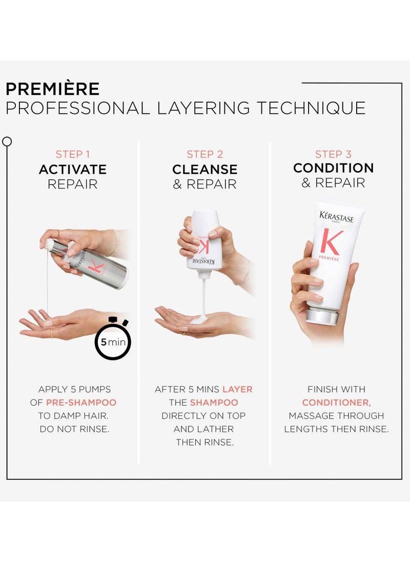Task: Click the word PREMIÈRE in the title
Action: pyautogui.click(x=53, y=89)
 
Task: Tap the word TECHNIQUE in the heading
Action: pyautogui.click(x=311, y=108)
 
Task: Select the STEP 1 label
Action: pyautogui.click(x=73, y=154)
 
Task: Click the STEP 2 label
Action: pyautogui.click(x=205, y=154)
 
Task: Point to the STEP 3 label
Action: pyautogui.click(x=333, y=154)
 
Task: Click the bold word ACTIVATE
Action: pyautogui.click(x=73, y=170)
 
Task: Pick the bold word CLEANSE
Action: pyautogui.click(x=205, y=170)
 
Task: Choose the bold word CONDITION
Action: pyautogui.click(x=333, y=168)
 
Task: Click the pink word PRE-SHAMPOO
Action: pyautogui.click(x=81, y=403)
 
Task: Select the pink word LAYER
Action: pyautogui.click(x=237, y=389)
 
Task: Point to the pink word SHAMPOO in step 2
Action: pyautogui.click(x=214, y=403)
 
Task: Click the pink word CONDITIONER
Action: pyautogui.click(x=336, y=403)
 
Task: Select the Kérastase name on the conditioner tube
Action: pyautogui.click(x=337, y=217)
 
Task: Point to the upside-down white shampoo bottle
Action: pyautogui.click(x=204, y=242)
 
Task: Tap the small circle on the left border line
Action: pyautogui.click(x=7, y=142)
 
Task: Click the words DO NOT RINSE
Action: pyautogui.click(x=74, y=429)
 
